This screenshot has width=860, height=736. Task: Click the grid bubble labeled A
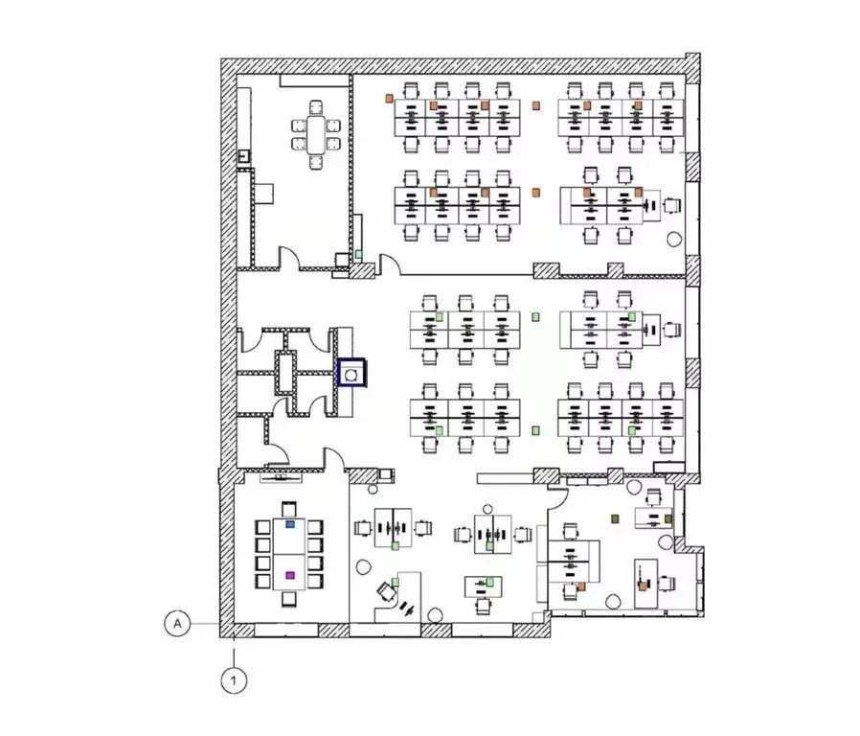pyautogui.click(x=177, y=624)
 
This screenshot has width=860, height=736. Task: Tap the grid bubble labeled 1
pyautogui.click(x=235, y=680)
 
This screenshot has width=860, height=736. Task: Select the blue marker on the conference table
pyautogui.click(x=290, y=524)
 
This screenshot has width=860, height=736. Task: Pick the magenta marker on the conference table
pyautogui.click(x=290, y=575)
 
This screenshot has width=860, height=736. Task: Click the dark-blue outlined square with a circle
pyautogui.click(x=351, y=373)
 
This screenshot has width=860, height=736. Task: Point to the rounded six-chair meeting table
pyautogui.click(x=316, y=135)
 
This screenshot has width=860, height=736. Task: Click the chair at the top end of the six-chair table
pyautogui.click(x=316, y=107)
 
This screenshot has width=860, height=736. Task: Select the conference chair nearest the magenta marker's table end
pyautogui.click(x=289, y=599)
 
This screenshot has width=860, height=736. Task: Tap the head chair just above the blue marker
pyautogui.click(x=289, y=509)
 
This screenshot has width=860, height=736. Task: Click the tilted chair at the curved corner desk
pyautogui.click(x=387, y=591)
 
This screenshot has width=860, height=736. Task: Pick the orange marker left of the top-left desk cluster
pyautogui.click(x=389, y=99)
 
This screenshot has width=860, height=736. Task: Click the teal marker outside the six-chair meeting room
pyautogui.click(x=359, y=254)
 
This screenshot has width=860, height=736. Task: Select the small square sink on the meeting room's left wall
pyautogui.click(x=243, y=157)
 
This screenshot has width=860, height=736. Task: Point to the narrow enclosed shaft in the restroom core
pyautogui.click(x=285, y=373)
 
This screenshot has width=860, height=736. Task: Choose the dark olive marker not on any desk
pyautogui.click(x=615, y=518)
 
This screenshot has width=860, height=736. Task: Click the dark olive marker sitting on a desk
pyautogui.click(x=668, y=518)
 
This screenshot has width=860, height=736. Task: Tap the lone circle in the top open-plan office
pyautogui.click(x=674, y=239)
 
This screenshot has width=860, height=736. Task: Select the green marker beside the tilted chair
pyautogui.click(x=396, y=582)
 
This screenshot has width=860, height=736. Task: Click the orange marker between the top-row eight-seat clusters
pyautogui.click(x=536, y=105)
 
